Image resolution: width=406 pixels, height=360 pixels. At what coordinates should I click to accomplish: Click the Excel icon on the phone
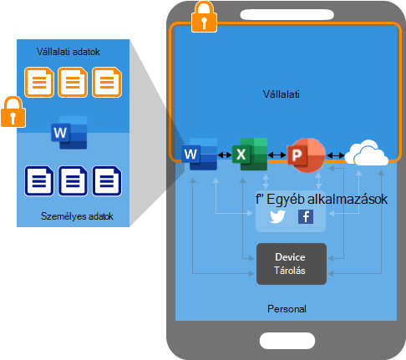point(250,154)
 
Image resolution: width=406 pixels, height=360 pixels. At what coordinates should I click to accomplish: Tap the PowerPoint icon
point(306,155)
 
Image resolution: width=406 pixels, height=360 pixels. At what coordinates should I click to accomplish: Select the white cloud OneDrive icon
point(366,153)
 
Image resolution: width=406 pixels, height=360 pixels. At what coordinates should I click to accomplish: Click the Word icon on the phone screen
point(199,154)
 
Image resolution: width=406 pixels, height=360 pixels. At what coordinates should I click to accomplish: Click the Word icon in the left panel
point(69,133)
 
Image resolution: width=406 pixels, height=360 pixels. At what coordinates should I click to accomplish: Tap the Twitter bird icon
point(277,216)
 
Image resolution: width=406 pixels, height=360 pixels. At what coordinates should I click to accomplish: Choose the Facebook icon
point(306,216)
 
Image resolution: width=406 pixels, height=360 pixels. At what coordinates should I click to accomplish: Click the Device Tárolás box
point(292,264)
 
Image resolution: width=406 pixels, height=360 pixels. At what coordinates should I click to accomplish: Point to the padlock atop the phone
point(204,17)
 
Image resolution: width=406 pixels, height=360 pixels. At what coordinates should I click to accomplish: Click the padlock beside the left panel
point(13,112)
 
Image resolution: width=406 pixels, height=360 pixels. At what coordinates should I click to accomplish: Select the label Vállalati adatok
point(69,52)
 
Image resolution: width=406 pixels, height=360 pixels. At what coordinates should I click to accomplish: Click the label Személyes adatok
point(77,216)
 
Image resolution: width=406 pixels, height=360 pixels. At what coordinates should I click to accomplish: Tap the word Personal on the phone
point(287,309)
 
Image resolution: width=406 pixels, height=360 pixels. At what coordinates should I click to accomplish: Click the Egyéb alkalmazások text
point(327,200)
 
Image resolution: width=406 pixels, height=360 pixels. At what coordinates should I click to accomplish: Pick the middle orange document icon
point(73,82)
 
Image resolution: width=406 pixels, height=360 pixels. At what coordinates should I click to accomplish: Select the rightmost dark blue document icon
point(107,181)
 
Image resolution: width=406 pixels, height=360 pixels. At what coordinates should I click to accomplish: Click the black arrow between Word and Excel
point(225,155)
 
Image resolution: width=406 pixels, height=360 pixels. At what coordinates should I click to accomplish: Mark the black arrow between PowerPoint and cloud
point(336,155)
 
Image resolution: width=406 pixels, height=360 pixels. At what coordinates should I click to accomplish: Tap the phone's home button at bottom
point(287,341)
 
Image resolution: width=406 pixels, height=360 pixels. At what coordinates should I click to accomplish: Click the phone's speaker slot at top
point(287,14)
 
